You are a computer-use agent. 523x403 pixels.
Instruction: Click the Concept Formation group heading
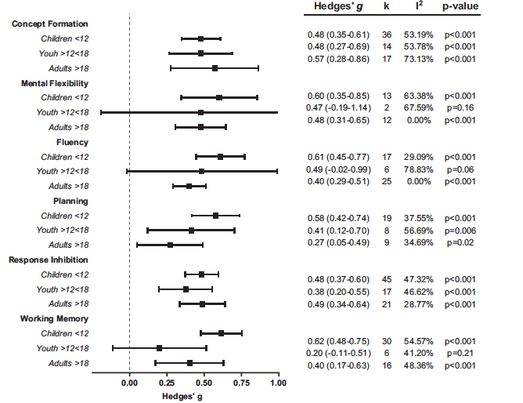pyautogui.click(x=50, y=24)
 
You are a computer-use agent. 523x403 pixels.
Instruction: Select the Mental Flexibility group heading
pyautogui.click(x=50, y=83)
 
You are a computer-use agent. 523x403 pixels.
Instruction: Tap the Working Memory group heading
pyautogui.click(x=50, y=319)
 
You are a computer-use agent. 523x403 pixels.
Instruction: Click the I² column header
pyautogui.click(x=420, y=6)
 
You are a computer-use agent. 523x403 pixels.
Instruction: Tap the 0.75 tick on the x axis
pyautogui.click(x=241, y=383)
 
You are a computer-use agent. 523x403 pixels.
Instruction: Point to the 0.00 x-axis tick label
pyautogui.click(x=129, y=383)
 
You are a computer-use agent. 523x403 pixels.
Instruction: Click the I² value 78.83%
pyautogui.click(x=420, y=169)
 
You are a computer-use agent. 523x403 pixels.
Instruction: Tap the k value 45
pyautogui.click(x=387, y=278)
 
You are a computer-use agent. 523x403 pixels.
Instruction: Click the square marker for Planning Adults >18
pyautogui.click(x=170, y=245)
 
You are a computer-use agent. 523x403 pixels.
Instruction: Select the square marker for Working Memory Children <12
pyautogui.click(x=221, y=333)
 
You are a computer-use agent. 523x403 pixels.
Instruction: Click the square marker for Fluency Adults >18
pyautogui.click(x=189, y=186)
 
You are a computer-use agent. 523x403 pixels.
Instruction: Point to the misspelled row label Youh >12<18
pyautogui.click(x=63, y=53)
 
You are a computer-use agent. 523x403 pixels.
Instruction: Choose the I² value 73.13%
pyautogui.click(x=420, y=59)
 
